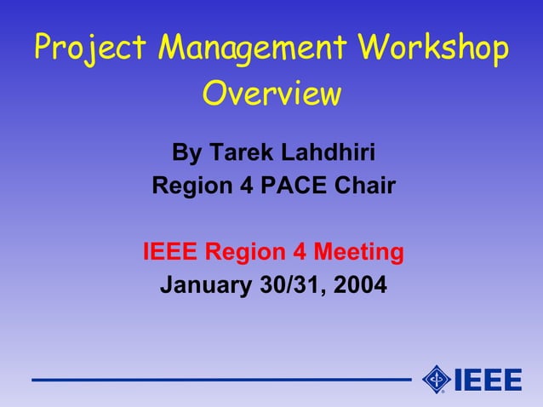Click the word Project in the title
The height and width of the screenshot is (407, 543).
coord(81,49)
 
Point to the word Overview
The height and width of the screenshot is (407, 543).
coord(271,94)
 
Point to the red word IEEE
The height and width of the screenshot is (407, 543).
coord(170,252)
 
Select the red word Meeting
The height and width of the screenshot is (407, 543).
coord(358,253)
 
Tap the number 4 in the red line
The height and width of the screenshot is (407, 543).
coord(299,252)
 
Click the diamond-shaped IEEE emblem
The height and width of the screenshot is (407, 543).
coord(437,379)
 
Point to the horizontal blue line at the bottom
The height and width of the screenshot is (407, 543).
coord(221,380)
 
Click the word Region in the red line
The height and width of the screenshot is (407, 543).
coord(246,253)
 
